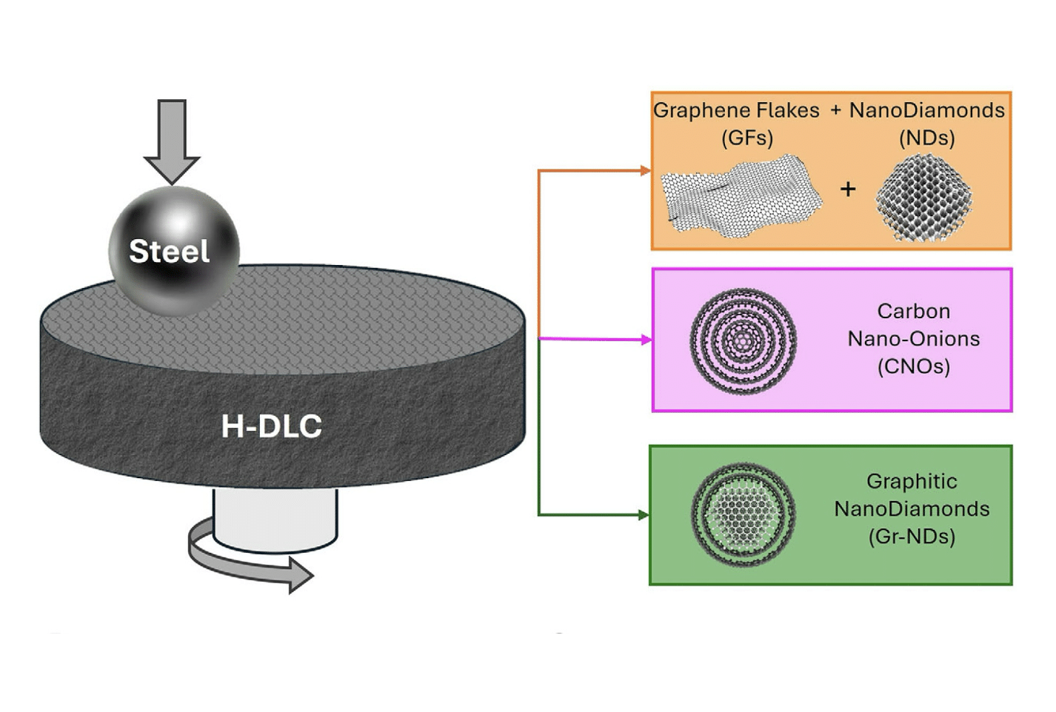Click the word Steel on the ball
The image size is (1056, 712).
[170, 252]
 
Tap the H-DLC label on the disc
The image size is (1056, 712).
[272, 426]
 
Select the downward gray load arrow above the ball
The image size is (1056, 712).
[172, 141]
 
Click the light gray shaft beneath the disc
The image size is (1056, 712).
[275, 518]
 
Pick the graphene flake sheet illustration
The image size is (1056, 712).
[741, 196]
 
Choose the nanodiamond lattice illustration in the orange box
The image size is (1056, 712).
[923, 198]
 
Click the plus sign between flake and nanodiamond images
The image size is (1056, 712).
[848, 189]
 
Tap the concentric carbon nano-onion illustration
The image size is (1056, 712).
[743, 341]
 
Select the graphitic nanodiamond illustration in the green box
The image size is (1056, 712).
[743, 514]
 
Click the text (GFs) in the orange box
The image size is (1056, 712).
[746, 138]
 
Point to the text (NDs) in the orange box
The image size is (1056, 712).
[926, 138]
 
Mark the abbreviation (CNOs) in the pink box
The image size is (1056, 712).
[913, 366]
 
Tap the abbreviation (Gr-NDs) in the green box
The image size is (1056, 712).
[912, 537]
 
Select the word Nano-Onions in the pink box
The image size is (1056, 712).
[913, 339]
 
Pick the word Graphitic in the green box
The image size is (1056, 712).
[912, 482]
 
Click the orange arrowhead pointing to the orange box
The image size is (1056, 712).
[644, 171]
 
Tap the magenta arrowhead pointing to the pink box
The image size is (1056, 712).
[646, 340]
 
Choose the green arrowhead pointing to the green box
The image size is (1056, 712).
[644, 515]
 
